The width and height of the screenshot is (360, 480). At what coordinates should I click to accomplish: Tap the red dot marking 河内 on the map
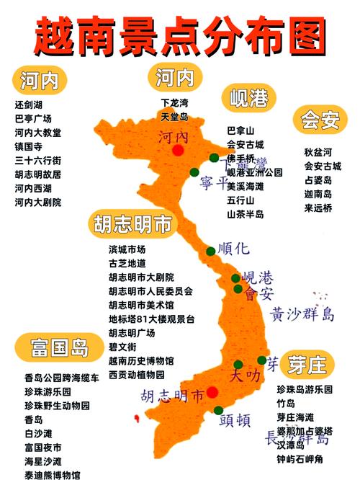pyautogui.click(x=177, y=150)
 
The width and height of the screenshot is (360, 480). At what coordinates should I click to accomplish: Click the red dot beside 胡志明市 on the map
pyautogui.click(x=212, y=392)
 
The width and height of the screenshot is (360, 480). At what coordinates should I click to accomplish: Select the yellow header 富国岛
pyautogui.click(x=60, y=349)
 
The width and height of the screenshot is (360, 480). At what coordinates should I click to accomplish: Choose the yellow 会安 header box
pyautogui.click(x=320, y=120)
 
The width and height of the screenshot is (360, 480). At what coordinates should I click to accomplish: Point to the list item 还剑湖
pyautogui.click(x=29, y=104)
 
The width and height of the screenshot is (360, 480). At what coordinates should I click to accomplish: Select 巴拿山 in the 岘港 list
pyautogui.click(x=240, y=130)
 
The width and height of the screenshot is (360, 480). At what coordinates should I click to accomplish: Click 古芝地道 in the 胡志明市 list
pyautogui.click(x=127, y=263)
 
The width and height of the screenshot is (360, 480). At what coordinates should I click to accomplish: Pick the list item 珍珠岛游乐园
pyautogui.click(x=305, y=389)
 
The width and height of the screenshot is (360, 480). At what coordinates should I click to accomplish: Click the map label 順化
pyautogui.click(x=233, y=249)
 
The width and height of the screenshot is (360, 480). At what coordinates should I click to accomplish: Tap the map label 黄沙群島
pyautogui.click(x=303, y=314)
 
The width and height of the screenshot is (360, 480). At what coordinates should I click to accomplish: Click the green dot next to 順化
pyautogui.click(x=210, y=252)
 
